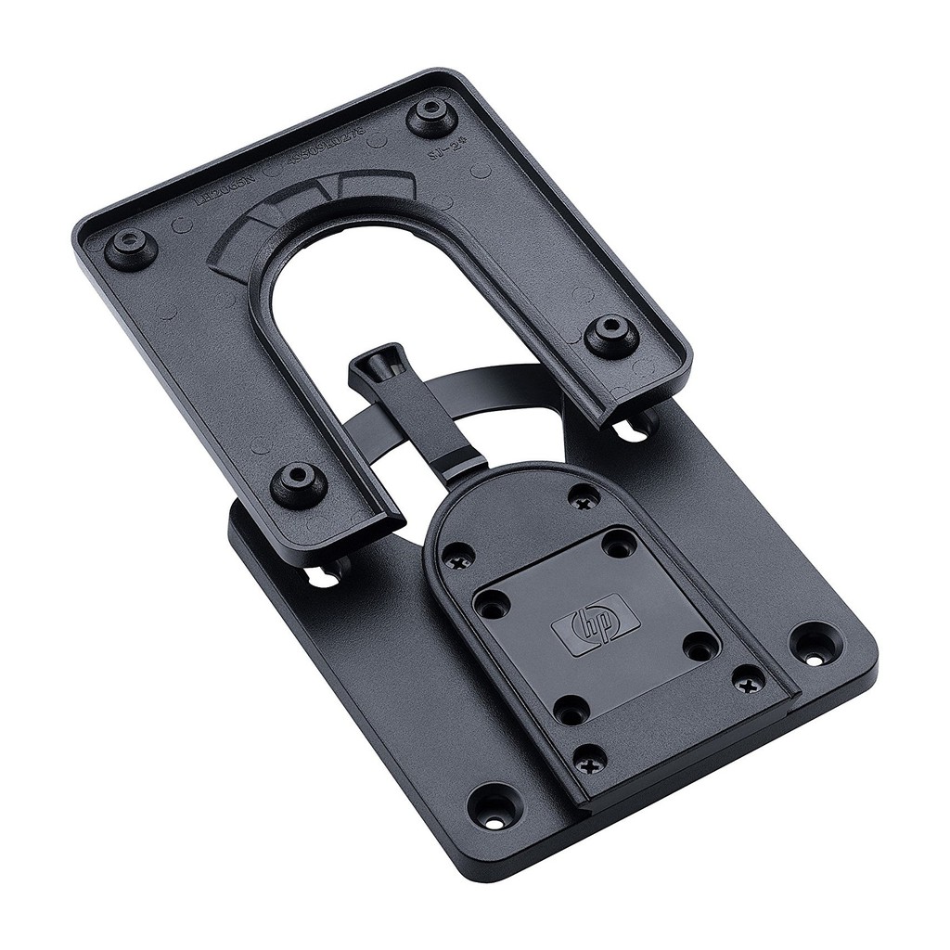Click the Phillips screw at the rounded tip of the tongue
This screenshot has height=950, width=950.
click(583, 502)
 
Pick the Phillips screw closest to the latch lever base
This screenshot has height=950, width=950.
click(456, 560)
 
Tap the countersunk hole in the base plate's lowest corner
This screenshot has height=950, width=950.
click(493, 807)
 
